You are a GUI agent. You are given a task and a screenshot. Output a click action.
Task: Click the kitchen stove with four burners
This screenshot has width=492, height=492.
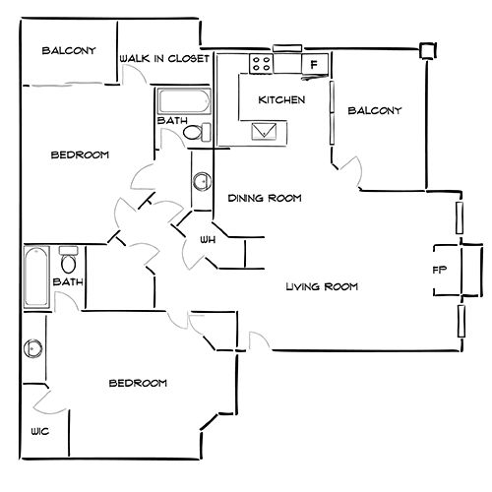261,64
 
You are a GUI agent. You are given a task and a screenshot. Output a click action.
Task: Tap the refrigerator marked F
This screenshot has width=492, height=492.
315,64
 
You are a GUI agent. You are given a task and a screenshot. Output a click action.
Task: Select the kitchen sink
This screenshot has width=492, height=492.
264,131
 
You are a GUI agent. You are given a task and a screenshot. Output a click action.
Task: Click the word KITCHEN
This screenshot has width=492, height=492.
281,99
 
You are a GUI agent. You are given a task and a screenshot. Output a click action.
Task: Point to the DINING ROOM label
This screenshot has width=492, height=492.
265,198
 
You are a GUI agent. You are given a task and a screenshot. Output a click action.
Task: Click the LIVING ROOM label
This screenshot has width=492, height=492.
322,287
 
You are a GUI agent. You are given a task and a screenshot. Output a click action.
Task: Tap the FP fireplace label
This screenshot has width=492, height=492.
440,270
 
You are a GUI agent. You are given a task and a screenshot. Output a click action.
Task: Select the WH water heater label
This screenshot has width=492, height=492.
208,240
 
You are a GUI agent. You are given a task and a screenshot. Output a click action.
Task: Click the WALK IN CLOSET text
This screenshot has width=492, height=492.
164,59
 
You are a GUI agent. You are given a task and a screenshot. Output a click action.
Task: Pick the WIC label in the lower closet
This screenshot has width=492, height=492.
40,431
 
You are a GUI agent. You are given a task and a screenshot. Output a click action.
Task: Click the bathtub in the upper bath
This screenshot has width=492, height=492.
184,101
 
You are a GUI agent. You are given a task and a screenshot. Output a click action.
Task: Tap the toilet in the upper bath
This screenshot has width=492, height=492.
197,132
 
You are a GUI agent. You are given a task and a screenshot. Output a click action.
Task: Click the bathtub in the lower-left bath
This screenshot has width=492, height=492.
36,277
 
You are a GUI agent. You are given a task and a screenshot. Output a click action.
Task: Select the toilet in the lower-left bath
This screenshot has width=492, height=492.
69,260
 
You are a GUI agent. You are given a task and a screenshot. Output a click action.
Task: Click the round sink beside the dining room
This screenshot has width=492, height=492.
202,181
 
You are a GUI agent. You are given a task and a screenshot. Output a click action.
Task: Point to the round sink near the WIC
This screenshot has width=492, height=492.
33,348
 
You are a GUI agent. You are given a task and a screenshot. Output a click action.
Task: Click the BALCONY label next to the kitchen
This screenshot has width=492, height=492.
375,110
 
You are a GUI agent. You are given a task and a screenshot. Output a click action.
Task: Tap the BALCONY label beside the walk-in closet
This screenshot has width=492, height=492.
69,50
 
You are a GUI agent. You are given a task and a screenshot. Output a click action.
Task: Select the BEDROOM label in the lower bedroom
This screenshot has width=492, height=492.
138,383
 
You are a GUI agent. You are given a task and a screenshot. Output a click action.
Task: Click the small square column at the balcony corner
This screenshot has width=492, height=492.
428,51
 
